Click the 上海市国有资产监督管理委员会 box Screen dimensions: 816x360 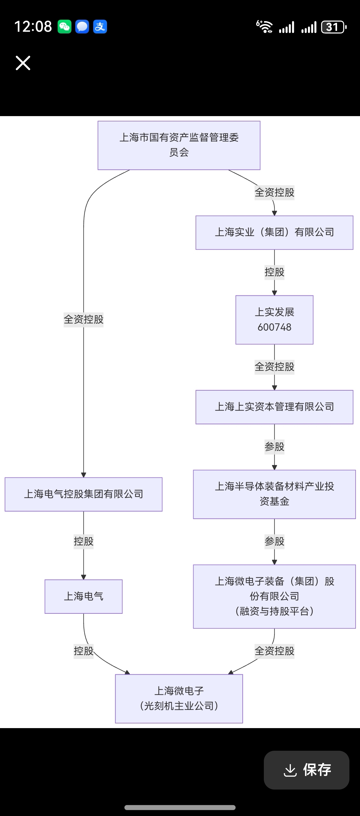179,146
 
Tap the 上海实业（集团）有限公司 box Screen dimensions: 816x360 274,233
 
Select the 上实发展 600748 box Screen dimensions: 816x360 274,320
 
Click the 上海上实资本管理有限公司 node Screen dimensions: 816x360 274,407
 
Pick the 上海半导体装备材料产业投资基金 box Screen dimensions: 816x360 274,494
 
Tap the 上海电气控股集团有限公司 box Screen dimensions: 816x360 83,494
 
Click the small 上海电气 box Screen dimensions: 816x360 83,596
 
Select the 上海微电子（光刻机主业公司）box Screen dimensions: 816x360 179,698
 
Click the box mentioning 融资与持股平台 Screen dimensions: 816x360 274,596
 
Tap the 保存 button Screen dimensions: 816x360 306,770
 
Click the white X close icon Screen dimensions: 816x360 23,63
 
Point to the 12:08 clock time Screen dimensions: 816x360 33,27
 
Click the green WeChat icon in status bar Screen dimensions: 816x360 64,27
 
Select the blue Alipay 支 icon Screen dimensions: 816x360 100,27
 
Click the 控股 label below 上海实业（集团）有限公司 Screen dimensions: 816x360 274,272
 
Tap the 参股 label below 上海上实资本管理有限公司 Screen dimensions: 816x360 274,447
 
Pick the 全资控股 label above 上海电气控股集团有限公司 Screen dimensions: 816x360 83,319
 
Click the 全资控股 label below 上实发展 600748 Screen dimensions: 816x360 274,367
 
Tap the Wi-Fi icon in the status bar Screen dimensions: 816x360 264,27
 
